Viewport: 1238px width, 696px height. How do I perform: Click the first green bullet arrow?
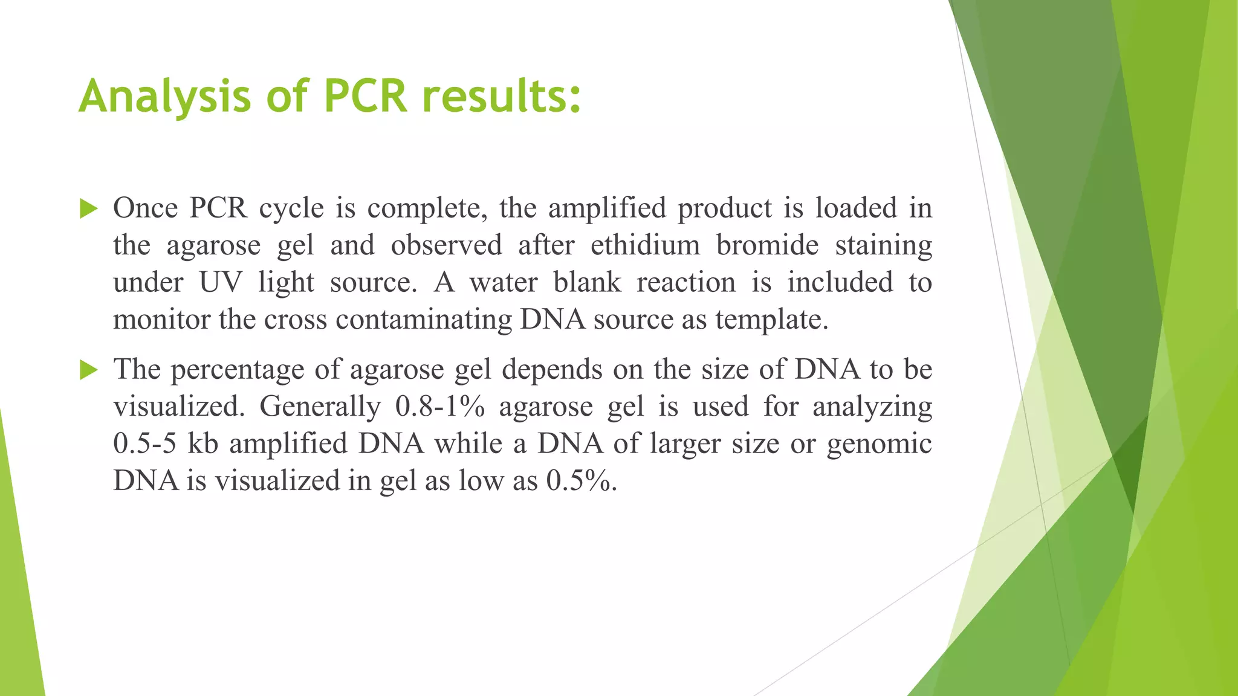pos(88,210)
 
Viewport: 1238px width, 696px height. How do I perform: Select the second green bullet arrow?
pos(88,370)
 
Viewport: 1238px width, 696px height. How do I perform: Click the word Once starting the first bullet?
pos(145,208)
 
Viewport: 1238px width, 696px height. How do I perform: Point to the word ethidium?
pos(645,246)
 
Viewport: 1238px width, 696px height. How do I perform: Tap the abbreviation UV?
pos(221,283)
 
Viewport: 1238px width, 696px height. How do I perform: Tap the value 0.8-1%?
pos(440,407)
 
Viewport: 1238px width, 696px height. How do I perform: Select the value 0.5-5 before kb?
pos(145,444)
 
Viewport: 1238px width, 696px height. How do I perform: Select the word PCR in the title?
pos(366,97)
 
